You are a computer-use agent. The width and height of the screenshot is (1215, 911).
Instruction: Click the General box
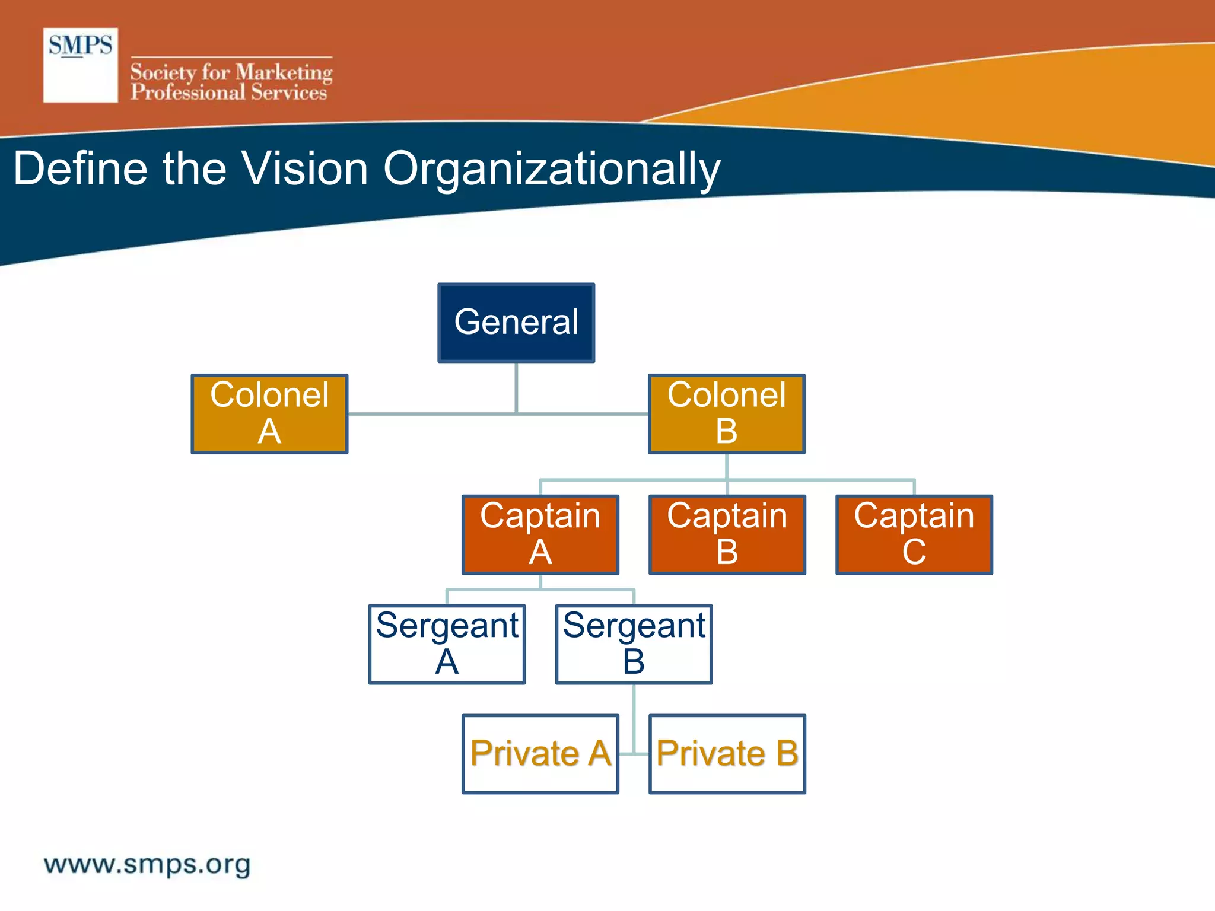click(516, 323)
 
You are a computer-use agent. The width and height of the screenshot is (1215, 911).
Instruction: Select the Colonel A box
click(269, 414)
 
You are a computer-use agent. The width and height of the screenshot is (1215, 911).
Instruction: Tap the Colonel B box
click(727, 414)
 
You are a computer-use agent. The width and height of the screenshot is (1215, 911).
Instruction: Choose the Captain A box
click(540, 534)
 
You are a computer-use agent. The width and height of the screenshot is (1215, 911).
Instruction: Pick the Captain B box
click(727, 534)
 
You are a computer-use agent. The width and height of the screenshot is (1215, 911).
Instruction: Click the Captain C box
click(914, 534)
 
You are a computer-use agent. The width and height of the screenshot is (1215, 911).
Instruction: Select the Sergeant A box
click(447, 644)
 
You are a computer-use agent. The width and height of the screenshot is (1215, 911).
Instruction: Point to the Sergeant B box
click(634, 644)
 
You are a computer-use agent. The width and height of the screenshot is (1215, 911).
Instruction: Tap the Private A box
click(540, 754)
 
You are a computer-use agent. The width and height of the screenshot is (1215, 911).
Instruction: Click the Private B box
click(727, 754)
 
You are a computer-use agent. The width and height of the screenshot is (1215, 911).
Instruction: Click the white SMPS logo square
click(81, 65)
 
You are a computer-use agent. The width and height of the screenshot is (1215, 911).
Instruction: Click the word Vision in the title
click(306, 168)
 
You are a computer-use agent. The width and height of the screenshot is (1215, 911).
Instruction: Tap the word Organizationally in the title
click(552, 170)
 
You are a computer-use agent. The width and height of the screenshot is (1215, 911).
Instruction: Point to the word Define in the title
click(80, 168)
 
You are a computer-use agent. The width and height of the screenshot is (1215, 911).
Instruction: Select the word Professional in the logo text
click(187, 93)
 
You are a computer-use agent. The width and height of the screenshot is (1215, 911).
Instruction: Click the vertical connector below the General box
click(517, 387)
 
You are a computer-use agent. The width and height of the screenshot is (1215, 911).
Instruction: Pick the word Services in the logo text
click(288, 93)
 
